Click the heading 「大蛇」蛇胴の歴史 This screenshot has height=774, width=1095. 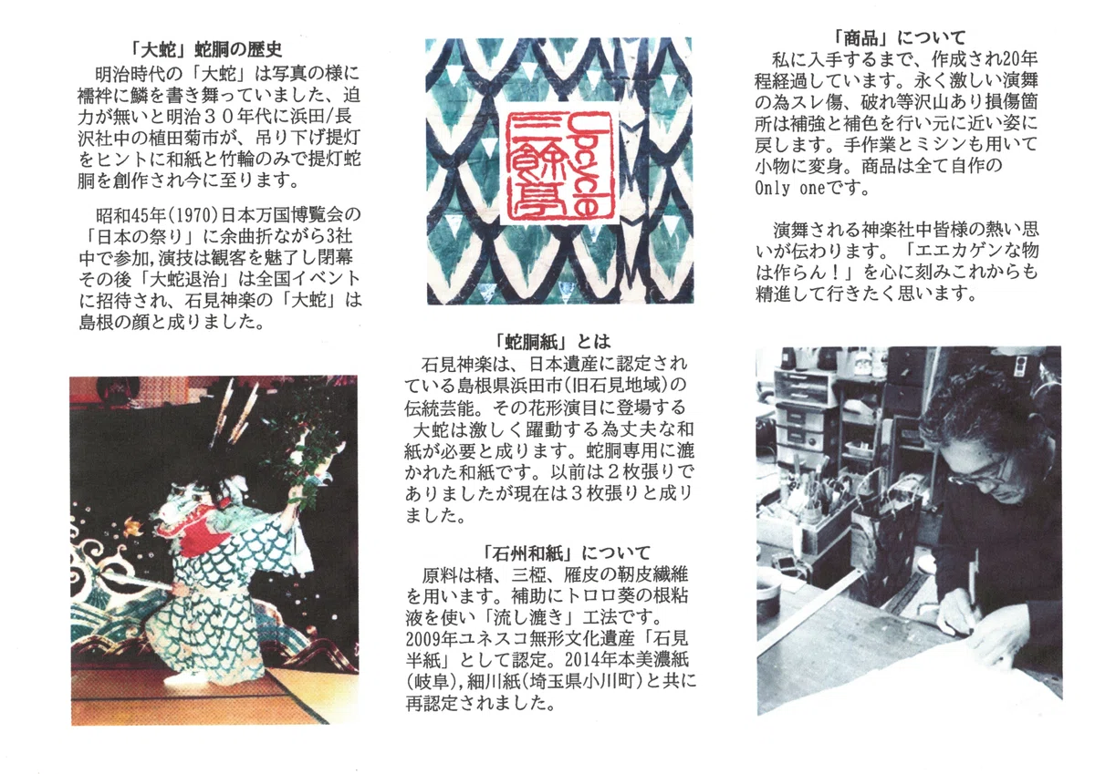[207, 49]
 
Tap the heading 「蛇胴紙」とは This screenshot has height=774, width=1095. [552, 341]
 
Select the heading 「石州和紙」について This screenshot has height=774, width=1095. [566, 553]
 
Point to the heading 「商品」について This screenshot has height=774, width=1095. [900, 37]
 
